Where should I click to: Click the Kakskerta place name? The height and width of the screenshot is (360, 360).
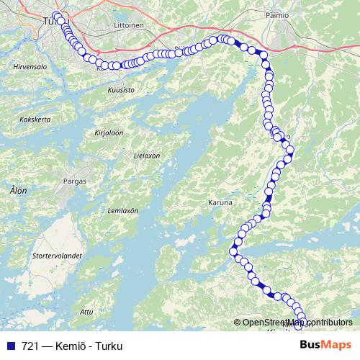(35, 119)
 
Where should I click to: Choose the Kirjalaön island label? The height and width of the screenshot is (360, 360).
(109, 133)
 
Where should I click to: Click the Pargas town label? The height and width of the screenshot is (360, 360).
(75, 181)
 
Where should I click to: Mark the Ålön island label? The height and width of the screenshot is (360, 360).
(18, 191)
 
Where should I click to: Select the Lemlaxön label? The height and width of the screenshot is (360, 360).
(122, 210)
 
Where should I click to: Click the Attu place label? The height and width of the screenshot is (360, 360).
(87, 311)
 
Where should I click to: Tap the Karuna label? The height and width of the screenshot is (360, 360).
(220, 203)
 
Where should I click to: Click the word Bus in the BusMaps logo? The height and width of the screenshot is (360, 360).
(310, 346)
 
